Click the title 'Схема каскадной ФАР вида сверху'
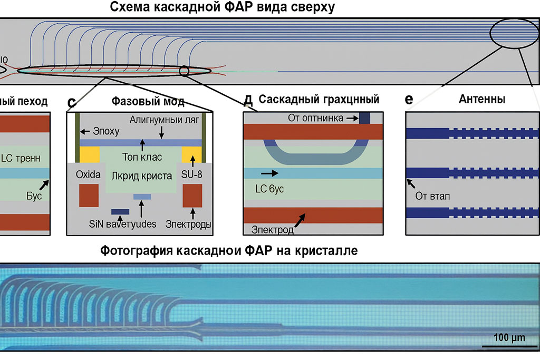coord(222,7)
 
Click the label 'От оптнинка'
coord(315,118)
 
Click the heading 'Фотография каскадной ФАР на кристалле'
coord(229,251)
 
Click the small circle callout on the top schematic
coord(184,71)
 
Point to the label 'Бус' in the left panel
coord(33,194)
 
